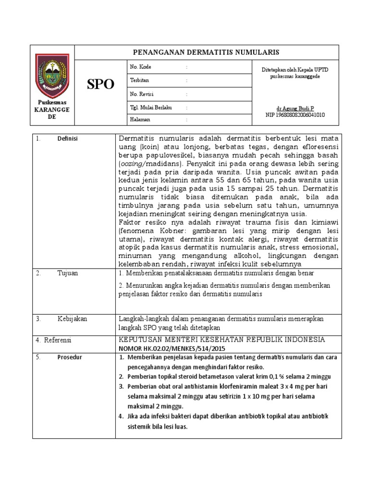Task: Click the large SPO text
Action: pos(100,85)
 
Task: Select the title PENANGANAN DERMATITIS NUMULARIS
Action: pos(206,52)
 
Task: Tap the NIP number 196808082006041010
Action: pos(295,115)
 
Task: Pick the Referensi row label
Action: pos(57,340)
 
